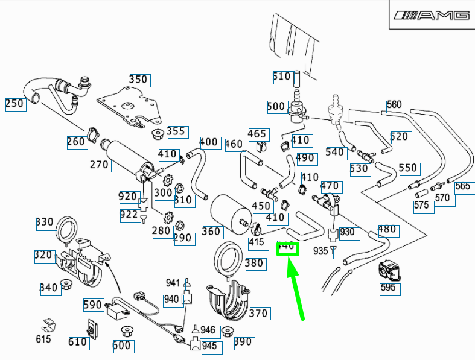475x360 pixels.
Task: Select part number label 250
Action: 14,103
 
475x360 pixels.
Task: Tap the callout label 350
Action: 139,80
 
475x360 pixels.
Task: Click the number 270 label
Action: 100,165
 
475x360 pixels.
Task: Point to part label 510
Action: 282,77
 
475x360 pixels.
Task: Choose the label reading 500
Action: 276,107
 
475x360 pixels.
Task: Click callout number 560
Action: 394,105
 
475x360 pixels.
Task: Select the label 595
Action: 388,288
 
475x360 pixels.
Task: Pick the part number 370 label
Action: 259,314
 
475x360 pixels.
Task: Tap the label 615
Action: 43,339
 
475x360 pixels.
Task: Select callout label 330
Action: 45,222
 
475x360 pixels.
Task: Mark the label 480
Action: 387,229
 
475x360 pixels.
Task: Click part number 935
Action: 320,251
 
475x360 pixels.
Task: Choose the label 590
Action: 93,306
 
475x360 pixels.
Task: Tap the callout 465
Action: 258,134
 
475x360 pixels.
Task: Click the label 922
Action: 129,215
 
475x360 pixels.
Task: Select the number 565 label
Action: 463,186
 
